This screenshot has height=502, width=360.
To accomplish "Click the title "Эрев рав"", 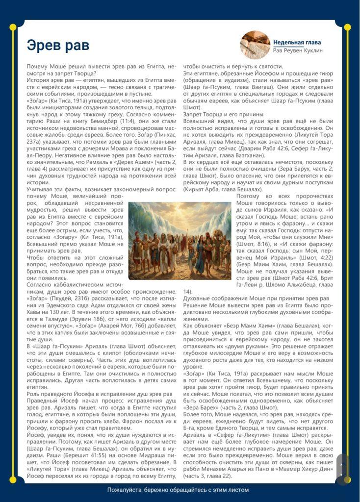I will tap(58, 46).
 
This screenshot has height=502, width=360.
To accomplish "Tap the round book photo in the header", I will tap(255, 45).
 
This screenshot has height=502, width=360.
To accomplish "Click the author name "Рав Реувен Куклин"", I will tap(298, 50).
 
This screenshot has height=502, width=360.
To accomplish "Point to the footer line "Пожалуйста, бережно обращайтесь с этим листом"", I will tap(179, 490).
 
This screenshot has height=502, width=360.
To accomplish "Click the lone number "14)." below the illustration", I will tap(188, 291).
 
